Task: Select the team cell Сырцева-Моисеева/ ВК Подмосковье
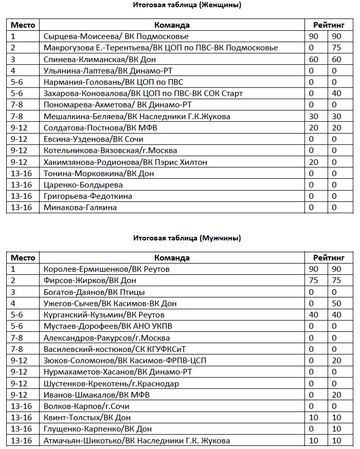pyautogui.click(x=116, y=36)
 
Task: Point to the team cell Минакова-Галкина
pyautogui.click(x=80, y=208)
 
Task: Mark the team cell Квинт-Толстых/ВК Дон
pyautogui.click(x=83, y=418)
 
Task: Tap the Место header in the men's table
pyautogui.click(x=23, y=258)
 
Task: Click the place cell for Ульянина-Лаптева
pyautogui.click(x=13, y=71)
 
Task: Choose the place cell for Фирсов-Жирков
pyautogui.click(x=13, y=280)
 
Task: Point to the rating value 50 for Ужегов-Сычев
pyautogui.click(x=337, y=304)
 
